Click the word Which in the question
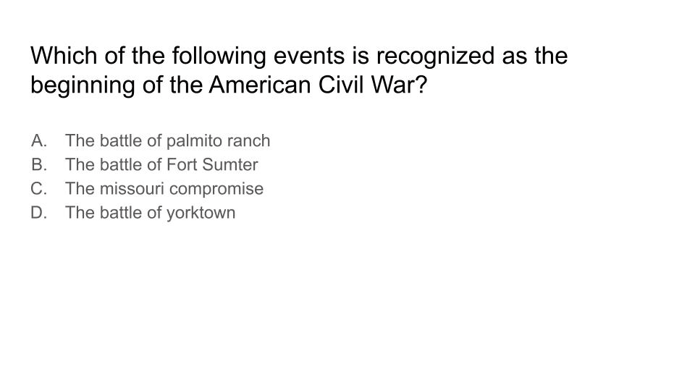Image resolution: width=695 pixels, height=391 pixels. (64, 56)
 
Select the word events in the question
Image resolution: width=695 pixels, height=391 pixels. (309, 56)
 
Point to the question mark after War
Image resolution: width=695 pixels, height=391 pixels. (419, 85)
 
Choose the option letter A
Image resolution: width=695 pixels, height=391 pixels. (38, 140)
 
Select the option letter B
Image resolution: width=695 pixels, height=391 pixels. (38, 164)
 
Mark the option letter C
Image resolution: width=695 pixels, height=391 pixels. (38, 188)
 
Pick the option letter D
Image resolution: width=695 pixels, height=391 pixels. (38, 212)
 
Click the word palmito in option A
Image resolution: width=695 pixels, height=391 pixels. (194, 141)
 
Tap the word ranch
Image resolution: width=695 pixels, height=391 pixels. (248, 141)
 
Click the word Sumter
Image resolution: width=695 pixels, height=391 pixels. (229, 164)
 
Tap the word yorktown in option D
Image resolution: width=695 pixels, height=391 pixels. (201, 213)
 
